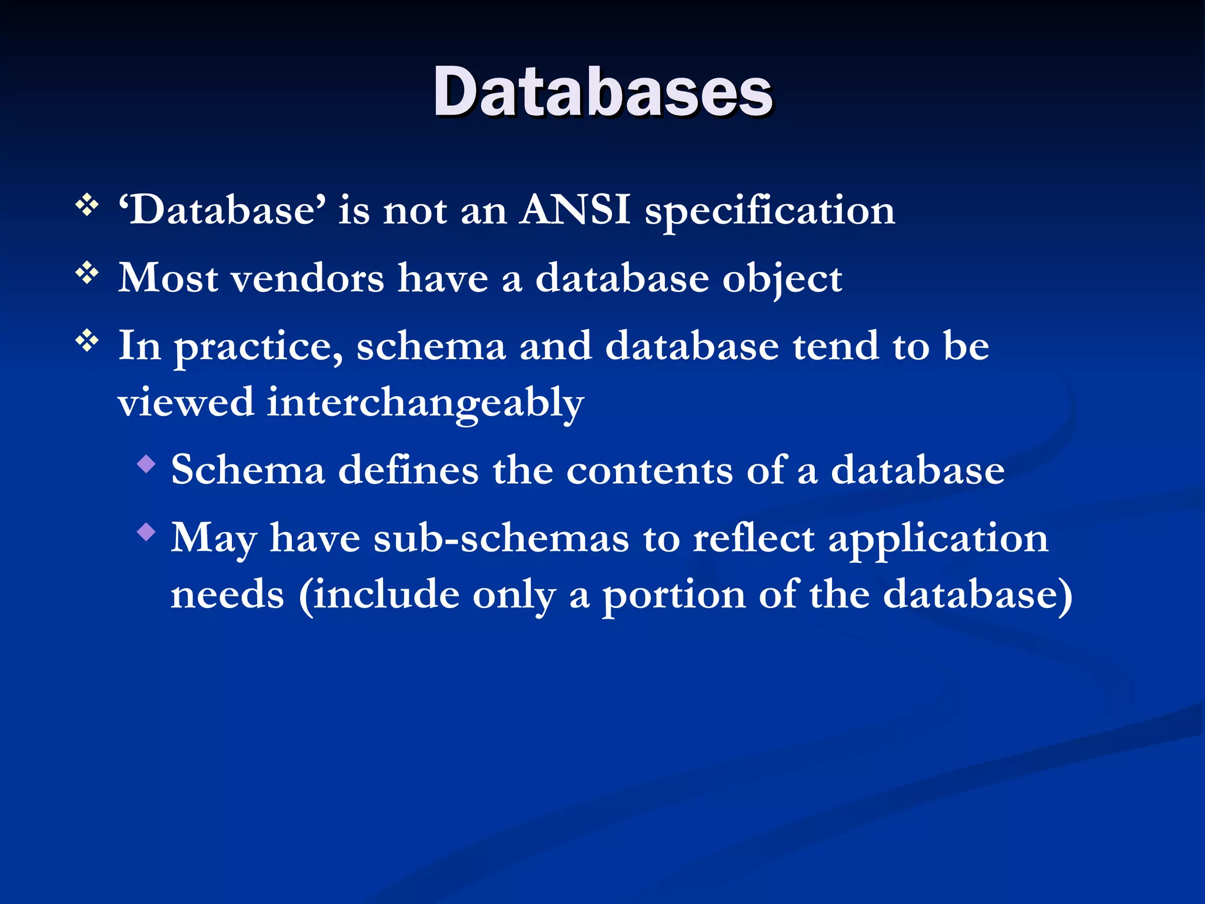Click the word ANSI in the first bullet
click(x=575, y=210)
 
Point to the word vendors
click(x=307, y=278)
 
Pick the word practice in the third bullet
click(x=259, y=347)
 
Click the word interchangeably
click(x=425, y=404)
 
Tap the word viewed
click(x=185, y=403)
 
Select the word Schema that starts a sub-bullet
click(x=248, y=470)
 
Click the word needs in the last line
click(x=227, y=594)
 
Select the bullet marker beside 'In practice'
click(x=87, y=341)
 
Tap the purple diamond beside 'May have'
click(x=146, y=533)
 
